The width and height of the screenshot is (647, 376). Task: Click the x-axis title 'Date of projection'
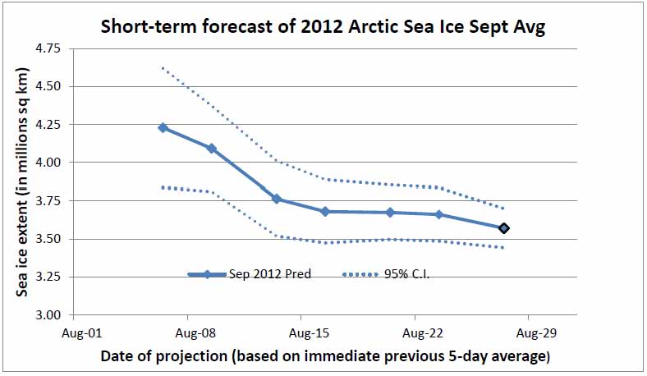coord(325,356)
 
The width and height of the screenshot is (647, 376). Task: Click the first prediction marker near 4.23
coord(163,128)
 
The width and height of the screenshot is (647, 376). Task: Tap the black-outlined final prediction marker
coord(504,228)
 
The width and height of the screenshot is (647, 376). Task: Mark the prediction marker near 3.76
coord(277,199)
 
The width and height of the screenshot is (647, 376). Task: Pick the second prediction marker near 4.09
coord(212,149)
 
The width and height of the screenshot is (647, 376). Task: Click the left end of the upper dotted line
coord(163,68)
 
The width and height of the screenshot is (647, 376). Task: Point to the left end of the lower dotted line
coord(163,187)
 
